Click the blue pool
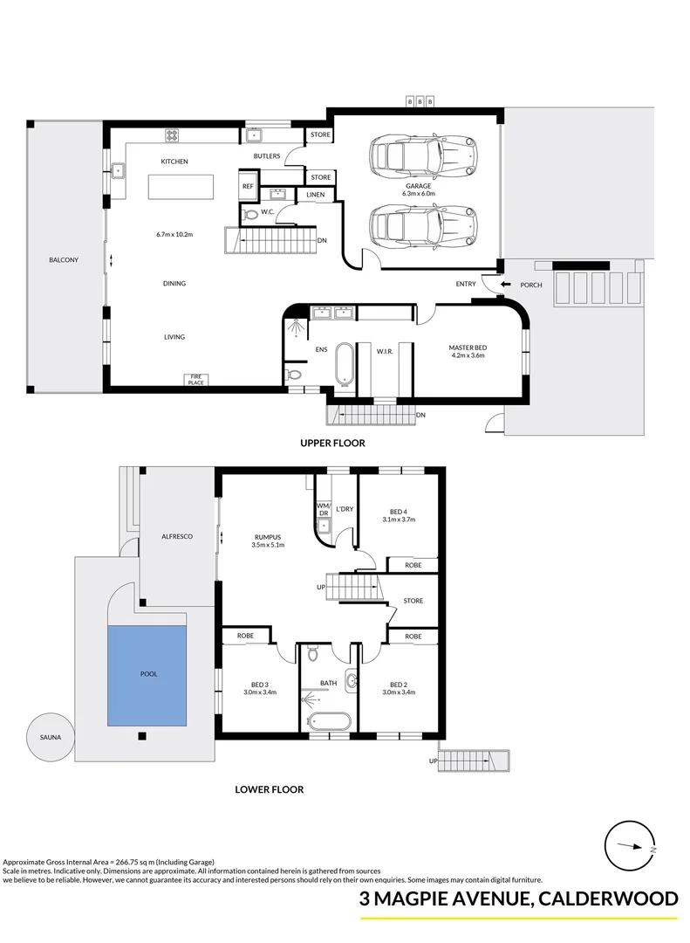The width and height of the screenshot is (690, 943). click(147, 675)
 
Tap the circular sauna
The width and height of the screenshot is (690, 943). click(51, 737)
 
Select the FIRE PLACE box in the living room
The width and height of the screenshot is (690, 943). click(196, 380)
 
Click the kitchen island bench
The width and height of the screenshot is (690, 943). click(181, 186)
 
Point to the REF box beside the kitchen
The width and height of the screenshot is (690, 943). click(248, 187)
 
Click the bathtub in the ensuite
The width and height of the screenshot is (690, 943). click(345, 363)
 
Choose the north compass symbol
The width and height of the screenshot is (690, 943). click(629, 845)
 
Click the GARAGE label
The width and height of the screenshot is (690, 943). click(418, 187)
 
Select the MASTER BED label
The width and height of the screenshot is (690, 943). click(468, 348)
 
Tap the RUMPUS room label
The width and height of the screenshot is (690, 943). click(268, 538)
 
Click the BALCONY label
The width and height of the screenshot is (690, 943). click(64, 260)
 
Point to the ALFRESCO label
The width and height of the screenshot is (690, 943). click(177, 536)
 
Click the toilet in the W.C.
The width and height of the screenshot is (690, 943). click(249, 214)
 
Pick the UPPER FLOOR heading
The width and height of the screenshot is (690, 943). click(333, 444)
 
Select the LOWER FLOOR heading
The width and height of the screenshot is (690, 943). click(270, 789)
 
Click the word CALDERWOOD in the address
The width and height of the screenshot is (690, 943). click(608, 898)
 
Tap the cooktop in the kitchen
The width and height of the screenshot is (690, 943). click(173, 135)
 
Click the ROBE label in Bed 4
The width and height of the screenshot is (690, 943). click(413, 565)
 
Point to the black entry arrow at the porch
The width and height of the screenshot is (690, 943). click(506, 284)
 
